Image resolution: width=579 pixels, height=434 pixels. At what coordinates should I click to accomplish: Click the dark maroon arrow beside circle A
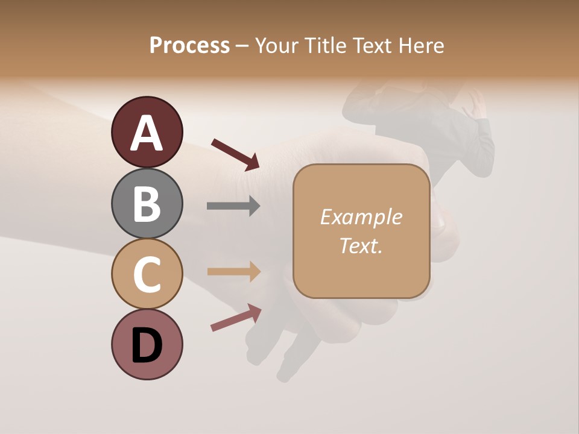235,153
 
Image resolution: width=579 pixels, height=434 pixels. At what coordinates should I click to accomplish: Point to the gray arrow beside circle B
233,206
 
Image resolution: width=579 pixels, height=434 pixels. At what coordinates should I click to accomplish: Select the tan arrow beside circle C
233,271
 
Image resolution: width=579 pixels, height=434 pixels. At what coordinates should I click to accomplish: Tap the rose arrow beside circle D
236,318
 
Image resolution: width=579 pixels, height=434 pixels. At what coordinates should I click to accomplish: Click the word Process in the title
189,46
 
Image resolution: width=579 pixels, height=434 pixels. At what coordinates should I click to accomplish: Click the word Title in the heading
326,46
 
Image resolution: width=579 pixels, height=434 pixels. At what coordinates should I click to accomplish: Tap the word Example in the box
361,217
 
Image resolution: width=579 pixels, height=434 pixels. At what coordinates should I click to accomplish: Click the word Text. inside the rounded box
361,245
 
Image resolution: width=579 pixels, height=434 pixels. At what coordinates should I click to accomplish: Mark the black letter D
147,346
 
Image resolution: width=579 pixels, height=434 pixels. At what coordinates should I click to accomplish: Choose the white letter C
147,275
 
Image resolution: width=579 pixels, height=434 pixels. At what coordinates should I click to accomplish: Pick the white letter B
147,204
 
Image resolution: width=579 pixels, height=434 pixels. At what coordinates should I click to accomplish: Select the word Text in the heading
372,46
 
